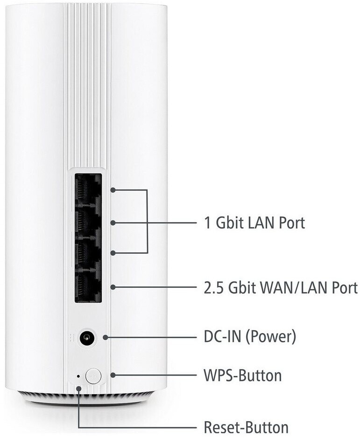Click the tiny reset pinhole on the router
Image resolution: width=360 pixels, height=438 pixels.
tap(78, 376)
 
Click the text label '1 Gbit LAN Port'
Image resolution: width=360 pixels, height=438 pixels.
tap(254, 222)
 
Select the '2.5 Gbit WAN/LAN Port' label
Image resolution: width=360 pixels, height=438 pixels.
tap(281, 288)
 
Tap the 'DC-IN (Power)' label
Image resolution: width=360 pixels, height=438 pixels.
tap(250, 336)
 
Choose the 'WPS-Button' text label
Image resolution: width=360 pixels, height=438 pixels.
tap(242, 375)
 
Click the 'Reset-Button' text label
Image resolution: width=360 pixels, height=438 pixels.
tap(246, 427)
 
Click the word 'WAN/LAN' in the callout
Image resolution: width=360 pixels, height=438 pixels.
tap(288, 288)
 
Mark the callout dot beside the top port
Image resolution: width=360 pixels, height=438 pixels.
tap(113, 190)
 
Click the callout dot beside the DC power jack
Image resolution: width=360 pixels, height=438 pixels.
tap(105, 337)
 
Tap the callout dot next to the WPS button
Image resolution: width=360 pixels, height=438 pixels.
tap(113, 375)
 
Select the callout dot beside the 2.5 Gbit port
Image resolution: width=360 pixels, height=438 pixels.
tap(113, 287)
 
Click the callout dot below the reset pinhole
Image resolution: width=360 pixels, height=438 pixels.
tap(79, 389)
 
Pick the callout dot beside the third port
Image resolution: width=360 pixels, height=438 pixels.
tap(113, 253)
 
